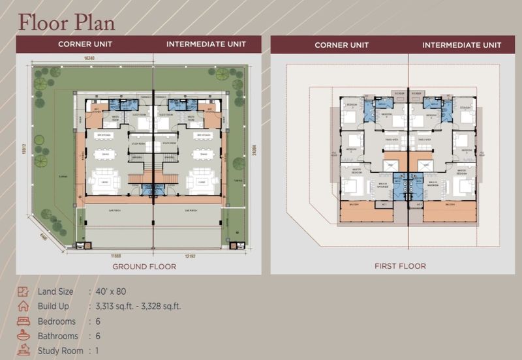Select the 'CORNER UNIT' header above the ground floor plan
85,44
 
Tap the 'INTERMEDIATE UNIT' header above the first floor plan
462,45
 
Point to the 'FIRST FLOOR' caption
400,266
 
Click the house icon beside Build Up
23,306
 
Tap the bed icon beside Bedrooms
23,321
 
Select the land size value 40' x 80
110,292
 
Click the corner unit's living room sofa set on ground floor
104,182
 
